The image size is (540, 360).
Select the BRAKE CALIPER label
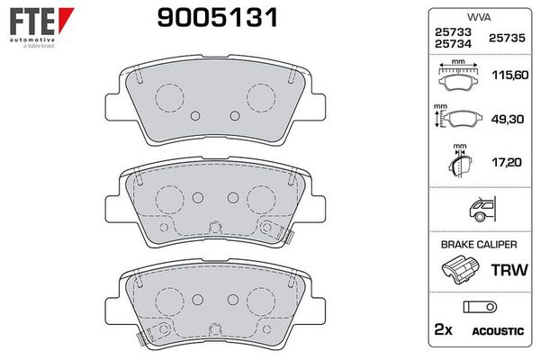pos(478,244)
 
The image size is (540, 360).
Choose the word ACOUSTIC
pos(497,331)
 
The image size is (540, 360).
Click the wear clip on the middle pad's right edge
pos(288,235)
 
